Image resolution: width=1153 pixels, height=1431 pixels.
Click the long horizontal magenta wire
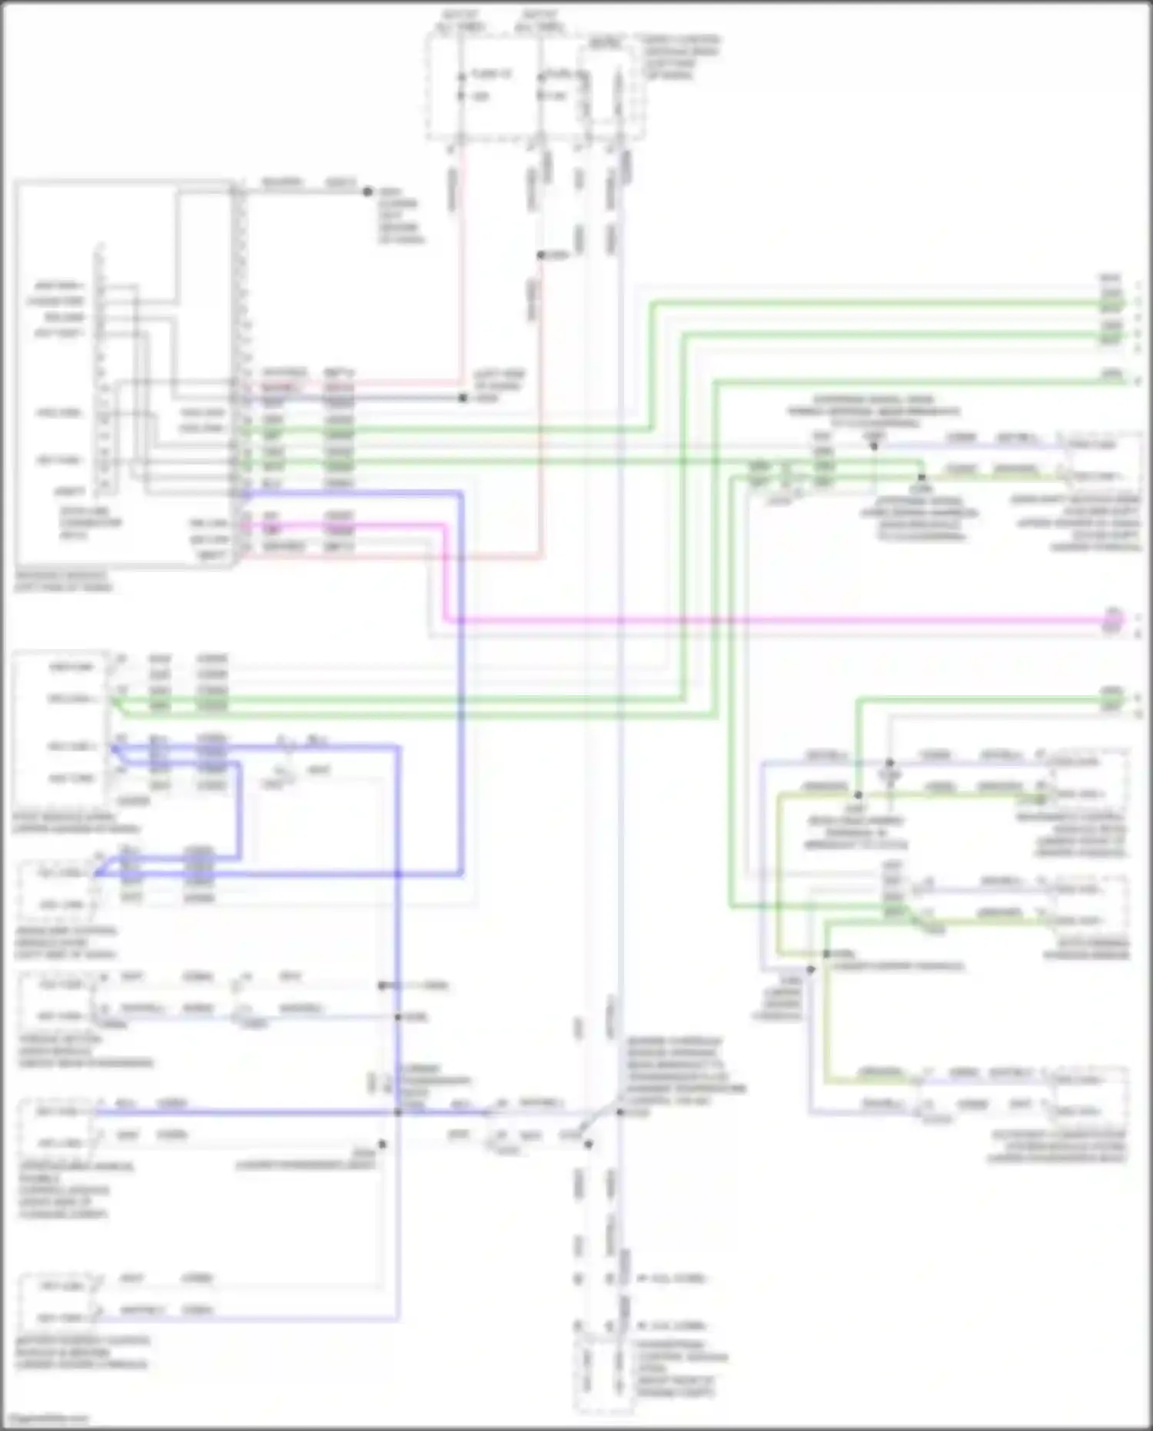769,620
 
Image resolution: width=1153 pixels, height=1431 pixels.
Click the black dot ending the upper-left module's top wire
367,191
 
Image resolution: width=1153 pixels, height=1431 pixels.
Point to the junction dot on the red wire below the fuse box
540,255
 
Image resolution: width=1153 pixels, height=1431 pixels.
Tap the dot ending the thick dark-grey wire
463,398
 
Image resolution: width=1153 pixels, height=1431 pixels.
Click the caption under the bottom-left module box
81,1353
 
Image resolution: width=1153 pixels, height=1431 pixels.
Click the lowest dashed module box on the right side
1090,1096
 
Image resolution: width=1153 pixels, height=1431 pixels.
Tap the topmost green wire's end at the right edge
1111,304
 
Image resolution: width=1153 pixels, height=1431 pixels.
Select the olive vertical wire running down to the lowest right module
827,1015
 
